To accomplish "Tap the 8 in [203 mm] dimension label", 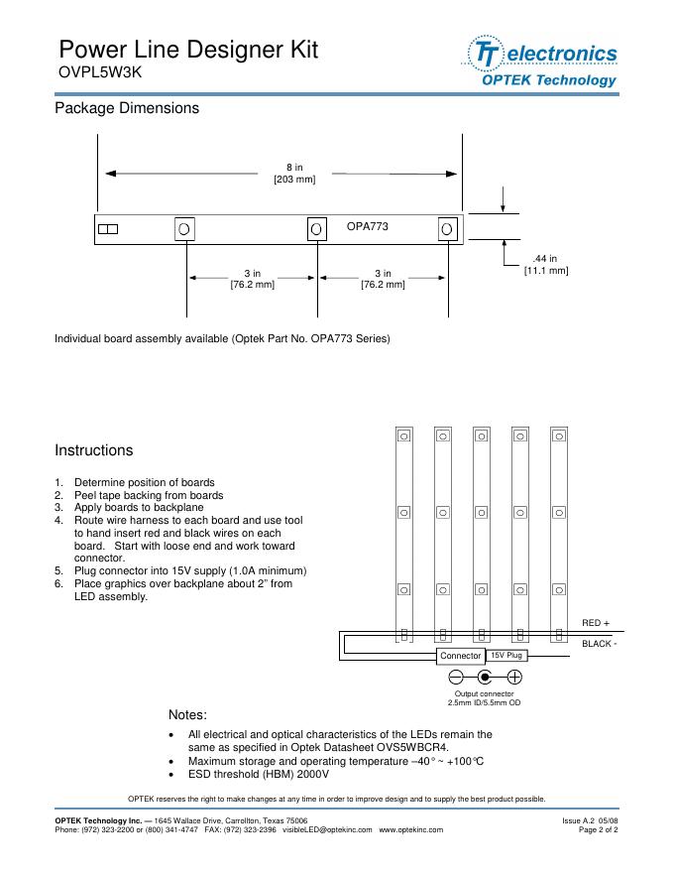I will tap(294, 174).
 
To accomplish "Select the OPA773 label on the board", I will tap(367, 227).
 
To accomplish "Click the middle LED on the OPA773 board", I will tap(316, 229).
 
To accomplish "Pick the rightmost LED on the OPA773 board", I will tap(447, 229).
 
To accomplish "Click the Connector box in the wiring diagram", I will tap(461, 656).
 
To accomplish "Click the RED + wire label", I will tap(596, 623).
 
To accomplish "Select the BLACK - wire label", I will tap(600, 644).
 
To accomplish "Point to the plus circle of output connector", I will tap(514, 678).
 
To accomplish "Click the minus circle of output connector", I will tap(457, 678).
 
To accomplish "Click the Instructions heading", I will tap(93, 450).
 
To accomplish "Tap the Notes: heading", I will tap(188, 714).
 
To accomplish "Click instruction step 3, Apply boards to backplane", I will tap(145, 507).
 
